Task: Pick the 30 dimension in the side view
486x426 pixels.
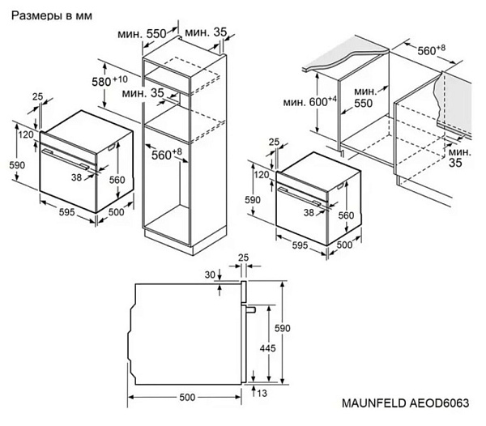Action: click(211, 274)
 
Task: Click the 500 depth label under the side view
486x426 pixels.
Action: click(187, 398)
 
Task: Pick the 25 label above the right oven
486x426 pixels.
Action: click(273, 143)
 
